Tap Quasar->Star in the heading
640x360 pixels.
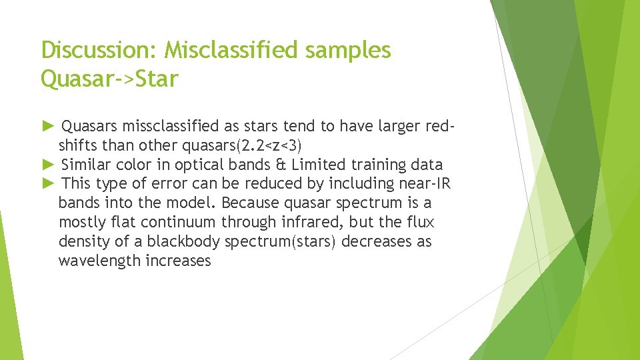[109, 79]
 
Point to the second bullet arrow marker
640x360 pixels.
[47, 165]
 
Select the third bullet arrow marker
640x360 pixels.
[47, 183]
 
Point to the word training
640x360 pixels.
[375, 165]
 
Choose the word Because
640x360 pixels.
[249, 203]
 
